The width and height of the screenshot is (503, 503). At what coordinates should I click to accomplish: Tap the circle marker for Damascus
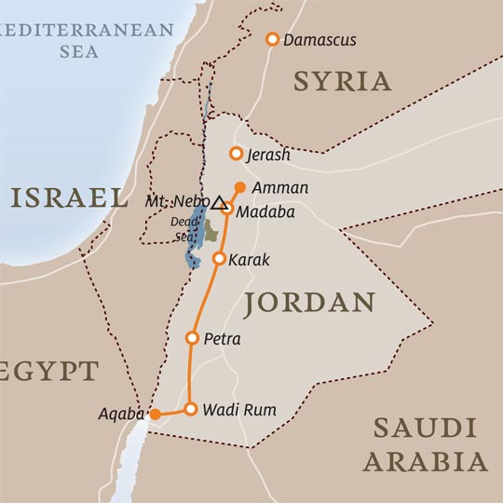pos(272,39)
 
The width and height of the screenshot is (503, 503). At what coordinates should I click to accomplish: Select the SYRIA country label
pos(342,81)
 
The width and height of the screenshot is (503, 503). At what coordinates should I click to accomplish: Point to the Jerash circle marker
pos(237,154)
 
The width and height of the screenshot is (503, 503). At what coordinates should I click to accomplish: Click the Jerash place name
pos(270,156)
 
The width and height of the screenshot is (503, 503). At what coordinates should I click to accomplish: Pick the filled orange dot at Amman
pos(240,187)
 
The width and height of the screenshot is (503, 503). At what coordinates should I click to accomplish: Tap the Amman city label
pos(281,188)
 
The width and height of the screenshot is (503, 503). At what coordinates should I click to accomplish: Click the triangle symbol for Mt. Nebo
pos(219,203)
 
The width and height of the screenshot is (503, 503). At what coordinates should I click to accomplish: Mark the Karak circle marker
pos(219,259)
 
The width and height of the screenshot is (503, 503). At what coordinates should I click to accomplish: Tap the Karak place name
pos(249,260)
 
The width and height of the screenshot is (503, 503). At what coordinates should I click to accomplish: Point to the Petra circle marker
pos(193,338)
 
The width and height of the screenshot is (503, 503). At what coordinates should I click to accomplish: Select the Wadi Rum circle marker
pos(190,409)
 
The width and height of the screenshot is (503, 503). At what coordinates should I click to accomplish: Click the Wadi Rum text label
pos(239,410)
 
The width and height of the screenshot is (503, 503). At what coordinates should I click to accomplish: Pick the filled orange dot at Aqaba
pos(156,414)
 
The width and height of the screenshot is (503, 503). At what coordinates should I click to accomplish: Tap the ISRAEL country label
pos(70,197)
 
